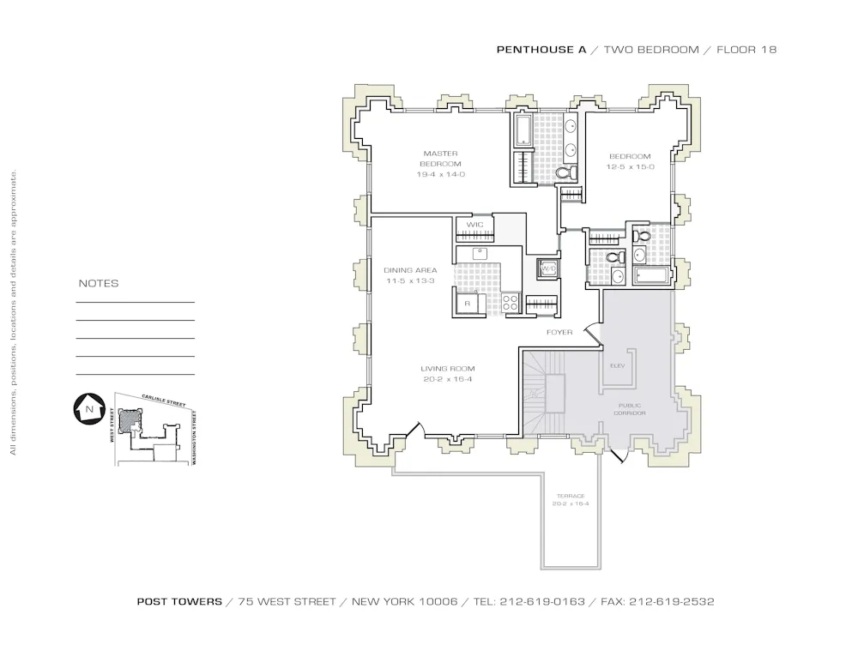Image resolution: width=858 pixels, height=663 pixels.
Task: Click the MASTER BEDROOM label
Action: point(440,159)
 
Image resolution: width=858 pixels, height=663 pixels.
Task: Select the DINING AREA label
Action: point(410,270)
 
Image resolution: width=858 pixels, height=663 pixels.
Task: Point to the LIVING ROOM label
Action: point(442,369)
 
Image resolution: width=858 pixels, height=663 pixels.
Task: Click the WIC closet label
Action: point(474,225)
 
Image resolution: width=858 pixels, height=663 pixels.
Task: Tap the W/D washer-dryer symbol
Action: point(547,269)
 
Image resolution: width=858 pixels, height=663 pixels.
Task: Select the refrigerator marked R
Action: point(468,304)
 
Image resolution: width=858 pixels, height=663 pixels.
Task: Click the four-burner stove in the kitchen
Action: point(510,303)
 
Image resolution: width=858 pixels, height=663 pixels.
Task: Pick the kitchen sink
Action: point(480,254)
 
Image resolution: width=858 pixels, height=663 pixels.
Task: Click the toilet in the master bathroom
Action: point(565,172)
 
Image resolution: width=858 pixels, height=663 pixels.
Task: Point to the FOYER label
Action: point(559,332)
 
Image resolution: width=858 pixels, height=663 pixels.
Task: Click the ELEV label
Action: point(618,365)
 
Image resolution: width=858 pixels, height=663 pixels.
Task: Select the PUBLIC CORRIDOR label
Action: point(630,409)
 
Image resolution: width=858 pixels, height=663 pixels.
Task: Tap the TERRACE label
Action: point(570,496)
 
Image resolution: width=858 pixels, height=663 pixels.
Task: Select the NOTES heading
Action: point(99,284)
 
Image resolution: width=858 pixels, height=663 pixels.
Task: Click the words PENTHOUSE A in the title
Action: point(541,50)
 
